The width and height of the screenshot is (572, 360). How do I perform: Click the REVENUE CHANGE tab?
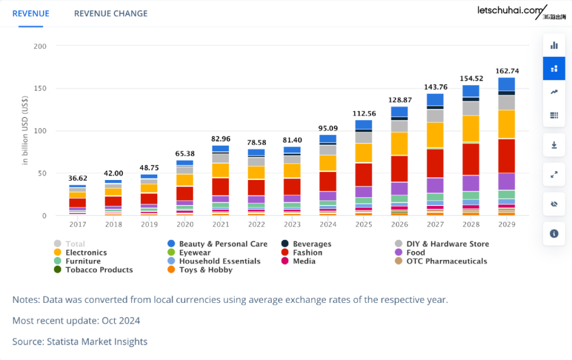[111, 13]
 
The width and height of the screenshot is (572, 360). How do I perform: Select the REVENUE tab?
[31, 13]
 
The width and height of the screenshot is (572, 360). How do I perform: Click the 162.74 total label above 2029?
[506, 71]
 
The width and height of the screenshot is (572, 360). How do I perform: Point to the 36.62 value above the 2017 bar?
[77, 178]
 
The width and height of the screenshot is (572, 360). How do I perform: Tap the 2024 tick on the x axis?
[328, 224]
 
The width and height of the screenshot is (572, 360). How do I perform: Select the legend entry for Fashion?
[307, 253]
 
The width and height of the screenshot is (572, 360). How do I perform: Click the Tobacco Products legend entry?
[99, 269]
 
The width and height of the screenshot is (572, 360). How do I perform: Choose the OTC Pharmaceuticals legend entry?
[446, 261]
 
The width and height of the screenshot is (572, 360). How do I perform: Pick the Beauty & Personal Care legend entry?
[223, 244]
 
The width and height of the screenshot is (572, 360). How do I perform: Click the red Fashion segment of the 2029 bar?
[506, 156]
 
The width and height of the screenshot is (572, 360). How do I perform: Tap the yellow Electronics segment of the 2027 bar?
[435, 134]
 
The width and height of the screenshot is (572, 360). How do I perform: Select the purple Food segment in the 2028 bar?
[471, 183]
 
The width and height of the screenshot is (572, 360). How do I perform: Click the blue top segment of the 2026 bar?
[399, 112]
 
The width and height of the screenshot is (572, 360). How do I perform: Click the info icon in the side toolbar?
[554, 233]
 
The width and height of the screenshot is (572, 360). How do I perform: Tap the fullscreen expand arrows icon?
[554, 174]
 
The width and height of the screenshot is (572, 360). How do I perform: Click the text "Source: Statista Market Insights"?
[80, 341]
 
